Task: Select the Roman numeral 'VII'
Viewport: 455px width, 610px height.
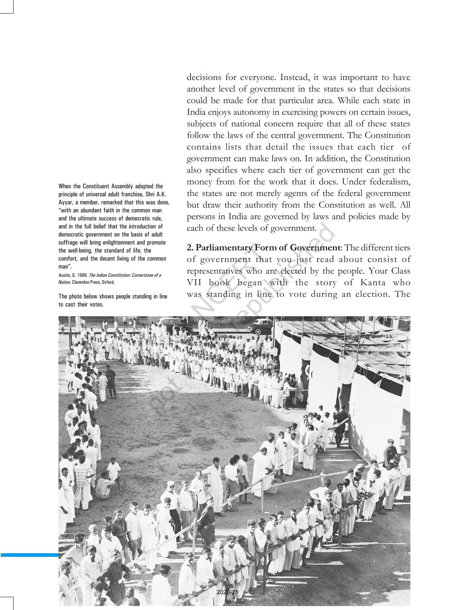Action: [x=195, y=283]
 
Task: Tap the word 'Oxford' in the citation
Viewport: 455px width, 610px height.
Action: [x=108, y=282]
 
